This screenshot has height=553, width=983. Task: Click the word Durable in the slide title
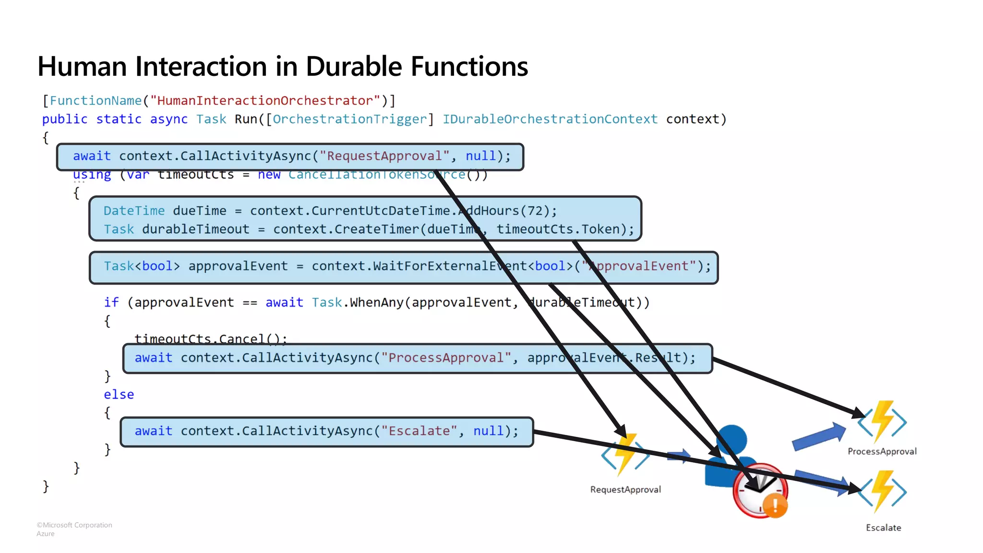click(x=354, y=66)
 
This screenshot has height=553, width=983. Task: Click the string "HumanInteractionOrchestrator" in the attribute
click(x=265, y=101)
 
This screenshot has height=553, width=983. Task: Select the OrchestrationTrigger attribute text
click(x=350, y=119)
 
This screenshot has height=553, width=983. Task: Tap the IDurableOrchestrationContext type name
click(x=550, y=119)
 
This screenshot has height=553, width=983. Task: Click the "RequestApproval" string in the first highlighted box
click(x=384, y=156)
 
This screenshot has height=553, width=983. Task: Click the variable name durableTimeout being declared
click(x=195, y=229)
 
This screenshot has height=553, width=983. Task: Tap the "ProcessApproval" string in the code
click(x=446, y=358)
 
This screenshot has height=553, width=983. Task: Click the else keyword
click(x=119, y=395)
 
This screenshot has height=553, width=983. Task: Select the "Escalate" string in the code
click(x=419, y=431)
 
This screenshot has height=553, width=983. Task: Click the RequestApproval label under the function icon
click(x=625, y=490)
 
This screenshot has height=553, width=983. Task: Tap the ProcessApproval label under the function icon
click(x=882, y=451)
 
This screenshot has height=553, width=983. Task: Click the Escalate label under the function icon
click(x=883, y=528)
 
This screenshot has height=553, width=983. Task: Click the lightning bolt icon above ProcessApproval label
click(x=882, y=421)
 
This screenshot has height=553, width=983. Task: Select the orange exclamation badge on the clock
click(x=775, y=505)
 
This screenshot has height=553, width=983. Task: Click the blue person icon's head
click(x=731, y=440)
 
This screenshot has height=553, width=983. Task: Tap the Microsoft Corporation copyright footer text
click(x=74, y=525)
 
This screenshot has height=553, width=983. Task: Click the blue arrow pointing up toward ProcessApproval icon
click(x=818, y=436)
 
